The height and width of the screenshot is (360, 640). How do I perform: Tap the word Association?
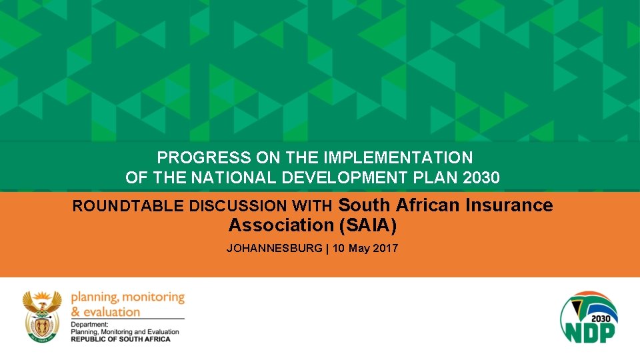coord(280,226)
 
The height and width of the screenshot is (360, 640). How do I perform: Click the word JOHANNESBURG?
coord(273,248)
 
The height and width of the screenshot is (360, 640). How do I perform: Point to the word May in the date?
coord(361,248)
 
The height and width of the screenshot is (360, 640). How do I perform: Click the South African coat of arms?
coord(42,315)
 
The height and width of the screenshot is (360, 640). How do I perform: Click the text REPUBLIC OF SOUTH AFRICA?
coord(121,339)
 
